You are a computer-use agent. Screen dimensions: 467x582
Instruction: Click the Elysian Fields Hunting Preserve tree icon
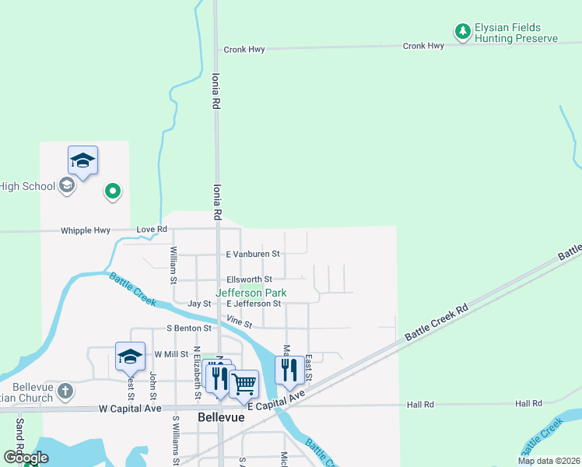[463, 31]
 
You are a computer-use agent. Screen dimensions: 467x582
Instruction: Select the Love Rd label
[152, 230]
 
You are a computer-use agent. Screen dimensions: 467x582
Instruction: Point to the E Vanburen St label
[252, 254]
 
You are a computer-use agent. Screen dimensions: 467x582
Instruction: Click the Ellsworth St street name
[249, 279]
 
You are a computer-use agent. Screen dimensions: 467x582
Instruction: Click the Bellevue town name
[221, 417]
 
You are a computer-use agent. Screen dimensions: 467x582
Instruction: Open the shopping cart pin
[244, 383]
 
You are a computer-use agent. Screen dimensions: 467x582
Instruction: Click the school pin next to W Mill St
[130, 356]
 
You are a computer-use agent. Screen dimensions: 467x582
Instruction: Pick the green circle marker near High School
[113, 190]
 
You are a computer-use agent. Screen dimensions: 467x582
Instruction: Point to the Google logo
[26, 458]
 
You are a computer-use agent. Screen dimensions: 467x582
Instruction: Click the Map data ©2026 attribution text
[548, 461]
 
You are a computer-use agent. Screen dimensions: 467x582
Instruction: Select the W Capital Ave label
[130, 409]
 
